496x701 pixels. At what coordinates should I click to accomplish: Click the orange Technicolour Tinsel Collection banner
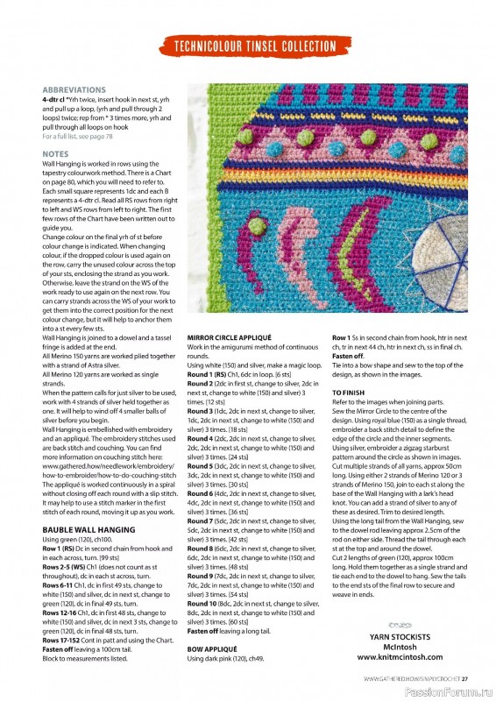tap(255, 46)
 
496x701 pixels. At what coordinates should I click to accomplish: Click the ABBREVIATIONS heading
tap(74, 89)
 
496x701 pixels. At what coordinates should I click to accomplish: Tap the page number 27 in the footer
tap(466, 677)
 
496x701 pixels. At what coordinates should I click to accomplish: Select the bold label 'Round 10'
tap(204, 604)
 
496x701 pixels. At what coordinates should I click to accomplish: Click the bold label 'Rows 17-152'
tap(62, 641)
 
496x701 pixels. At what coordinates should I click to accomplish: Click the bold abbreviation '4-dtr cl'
tap(57, 100)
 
